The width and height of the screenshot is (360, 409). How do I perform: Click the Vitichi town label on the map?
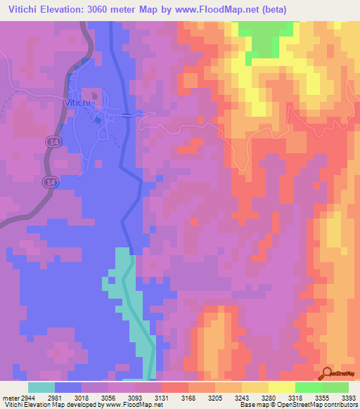[77, 103]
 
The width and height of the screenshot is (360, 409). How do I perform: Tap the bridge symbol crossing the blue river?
[126, 115]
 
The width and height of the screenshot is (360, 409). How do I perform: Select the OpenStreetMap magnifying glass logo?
[328, 374]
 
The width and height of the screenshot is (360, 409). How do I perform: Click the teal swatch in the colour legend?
[41, 387]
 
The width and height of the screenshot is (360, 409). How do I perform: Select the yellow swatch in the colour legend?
[281, 387]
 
